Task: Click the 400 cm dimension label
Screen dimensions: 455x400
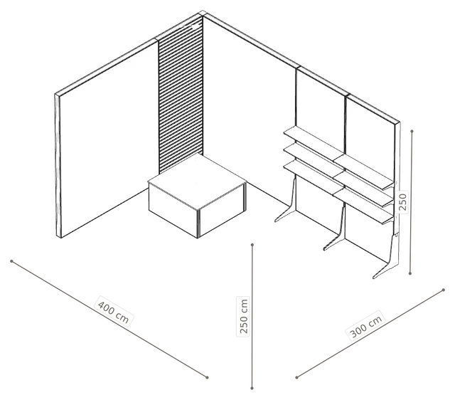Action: coord(114,312)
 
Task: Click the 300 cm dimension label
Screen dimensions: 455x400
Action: coord(365,325)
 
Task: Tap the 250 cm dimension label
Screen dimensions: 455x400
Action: coord(243,316)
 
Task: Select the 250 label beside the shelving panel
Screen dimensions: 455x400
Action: coord(402,201)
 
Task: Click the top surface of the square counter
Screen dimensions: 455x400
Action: coord(198,181)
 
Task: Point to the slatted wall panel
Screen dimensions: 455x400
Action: coord(181,96)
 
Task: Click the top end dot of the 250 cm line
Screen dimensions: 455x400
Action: coord(252,245)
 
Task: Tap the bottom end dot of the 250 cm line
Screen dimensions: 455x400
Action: coord(252,388)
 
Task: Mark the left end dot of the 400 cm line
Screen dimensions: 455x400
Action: coord(11,261)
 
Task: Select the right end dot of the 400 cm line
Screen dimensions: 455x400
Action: coord(207,377)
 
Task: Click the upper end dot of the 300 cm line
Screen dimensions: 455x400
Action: coord(444,290)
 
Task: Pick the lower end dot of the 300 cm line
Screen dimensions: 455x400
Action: coord(296,377)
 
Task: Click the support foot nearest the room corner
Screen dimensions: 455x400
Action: coord(287,205)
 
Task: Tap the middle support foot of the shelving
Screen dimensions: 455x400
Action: coord(336,233)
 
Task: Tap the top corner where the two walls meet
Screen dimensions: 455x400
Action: coord(203,14)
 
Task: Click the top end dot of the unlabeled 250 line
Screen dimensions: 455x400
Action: coord(412,131)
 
